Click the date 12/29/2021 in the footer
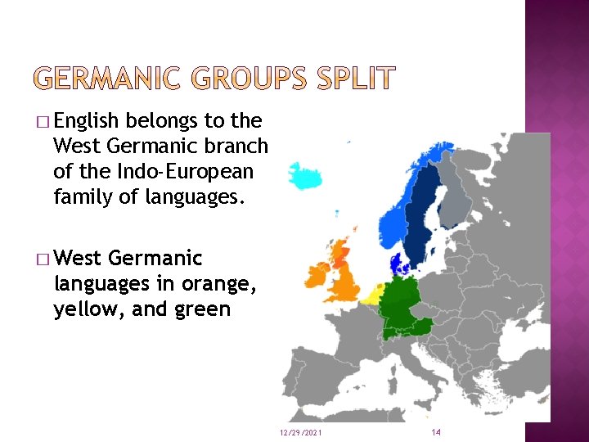[300, 431]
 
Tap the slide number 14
[435, 431]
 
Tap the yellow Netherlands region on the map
[375, 294]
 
